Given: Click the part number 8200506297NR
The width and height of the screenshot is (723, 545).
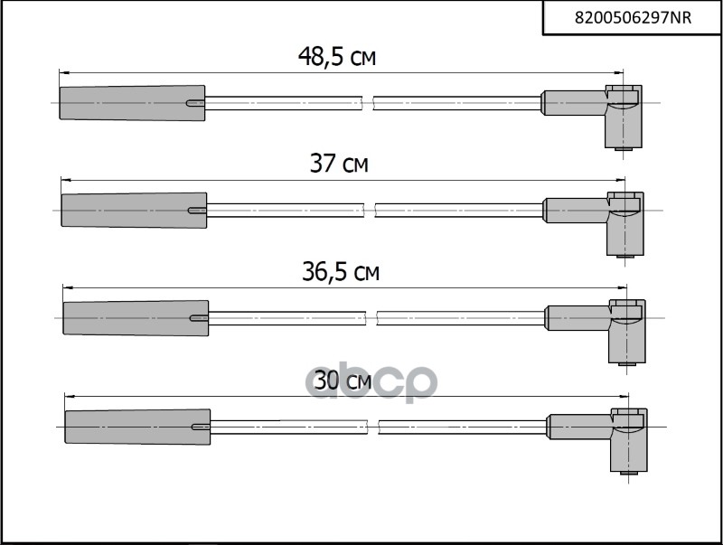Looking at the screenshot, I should [633, 17].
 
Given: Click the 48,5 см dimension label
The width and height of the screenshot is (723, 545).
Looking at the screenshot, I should [336, 57].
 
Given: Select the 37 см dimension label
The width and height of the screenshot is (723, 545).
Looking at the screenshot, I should [339, 164].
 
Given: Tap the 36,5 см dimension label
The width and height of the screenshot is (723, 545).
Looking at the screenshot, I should [340, 271].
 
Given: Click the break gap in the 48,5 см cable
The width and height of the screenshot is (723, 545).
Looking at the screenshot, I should [367, 103].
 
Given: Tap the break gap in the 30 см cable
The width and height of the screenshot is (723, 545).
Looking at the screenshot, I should [372, 425].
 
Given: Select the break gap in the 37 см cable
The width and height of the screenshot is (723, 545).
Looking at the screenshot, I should [369, 210].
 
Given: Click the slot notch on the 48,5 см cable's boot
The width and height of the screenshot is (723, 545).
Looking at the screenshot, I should [195, 103].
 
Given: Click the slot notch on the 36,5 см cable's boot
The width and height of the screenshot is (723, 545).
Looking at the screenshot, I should [199, 317].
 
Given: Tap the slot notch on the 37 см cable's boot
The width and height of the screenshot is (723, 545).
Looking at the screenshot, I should [197, 210].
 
